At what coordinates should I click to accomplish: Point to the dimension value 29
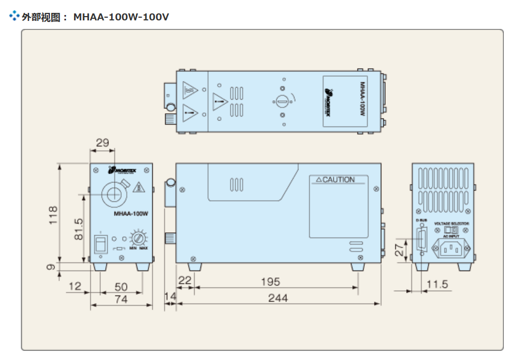[102, 143]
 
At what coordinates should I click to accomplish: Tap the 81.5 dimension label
[78, 229]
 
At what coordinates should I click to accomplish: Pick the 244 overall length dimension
[278, 298]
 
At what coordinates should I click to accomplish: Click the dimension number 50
[121, 287]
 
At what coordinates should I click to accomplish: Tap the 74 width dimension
[121, 299]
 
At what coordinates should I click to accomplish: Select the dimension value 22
[185, 281]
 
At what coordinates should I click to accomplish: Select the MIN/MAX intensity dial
[139, 238]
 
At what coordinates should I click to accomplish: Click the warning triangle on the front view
[138, 188]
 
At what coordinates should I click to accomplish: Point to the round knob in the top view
[282, 101]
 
